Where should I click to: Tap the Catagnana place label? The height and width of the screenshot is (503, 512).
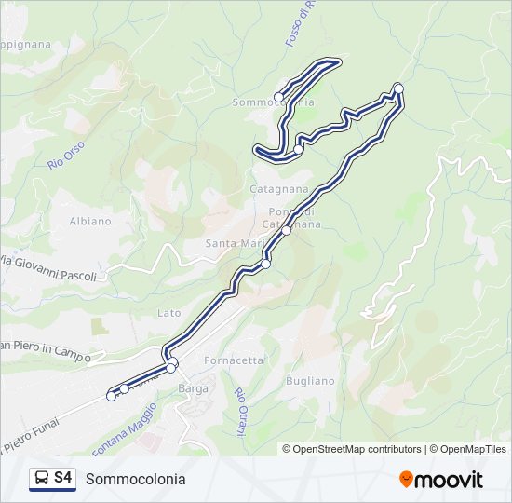(x=278, y=188)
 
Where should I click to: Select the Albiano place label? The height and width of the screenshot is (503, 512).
(x=90, y=222)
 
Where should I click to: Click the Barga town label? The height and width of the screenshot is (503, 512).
(x=193, y=387)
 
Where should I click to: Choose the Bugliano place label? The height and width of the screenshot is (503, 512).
(x=311, y=381)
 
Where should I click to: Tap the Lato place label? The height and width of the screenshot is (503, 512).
(x=169, y=313)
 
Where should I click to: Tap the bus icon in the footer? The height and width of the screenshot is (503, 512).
(x=41, y=479)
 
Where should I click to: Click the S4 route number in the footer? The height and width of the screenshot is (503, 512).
(x=63, y=479)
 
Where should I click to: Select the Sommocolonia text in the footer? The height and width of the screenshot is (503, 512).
(x=135, y=480)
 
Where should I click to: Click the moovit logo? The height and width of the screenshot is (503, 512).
(x=441, y=480)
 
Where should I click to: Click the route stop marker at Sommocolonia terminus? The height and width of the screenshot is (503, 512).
(x=278, y=97)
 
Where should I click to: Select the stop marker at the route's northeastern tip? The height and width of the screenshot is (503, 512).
(x=398, y=88)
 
